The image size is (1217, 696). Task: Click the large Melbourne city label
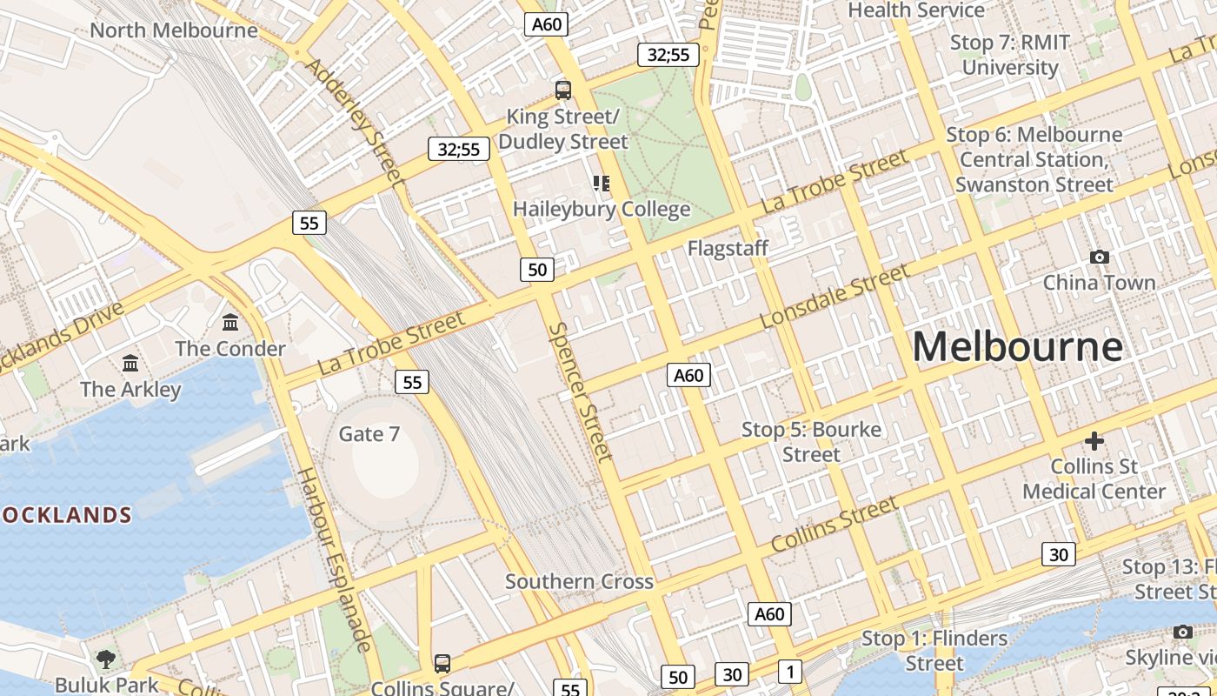(1017, 347)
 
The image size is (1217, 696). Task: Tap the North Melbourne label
(174, 30)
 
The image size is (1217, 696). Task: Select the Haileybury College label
(602, 209)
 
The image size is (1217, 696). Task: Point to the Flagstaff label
(728, 248)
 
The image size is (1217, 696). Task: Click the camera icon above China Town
(1100, 257)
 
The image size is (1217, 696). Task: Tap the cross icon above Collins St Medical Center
(1094, 441)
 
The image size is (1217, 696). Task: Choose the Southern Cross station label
(579, 581)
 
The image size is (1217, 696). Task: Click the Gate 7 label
(369, 433)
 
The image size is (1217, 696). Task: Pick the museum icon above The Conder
(230, 323)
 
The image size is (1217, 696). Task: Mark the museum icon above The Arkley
(130, 363)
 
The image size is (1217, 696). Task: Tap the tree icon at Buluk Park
(106, 659)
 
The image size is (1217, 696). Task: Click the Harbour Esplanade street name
(335, 559)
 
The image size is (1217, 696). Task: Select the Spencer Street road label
(581, 391)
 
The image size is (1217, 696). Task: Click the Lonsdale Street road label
(834, 297)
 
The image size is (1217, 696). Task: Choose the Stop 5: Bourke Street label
(811, 442)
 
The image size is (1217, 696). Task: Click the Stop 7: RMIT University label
(1010, 54)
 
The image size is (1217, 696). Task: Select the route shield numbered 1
(789, 672)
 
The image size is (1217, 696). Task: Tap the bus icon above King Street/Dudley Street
(563, 89)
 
